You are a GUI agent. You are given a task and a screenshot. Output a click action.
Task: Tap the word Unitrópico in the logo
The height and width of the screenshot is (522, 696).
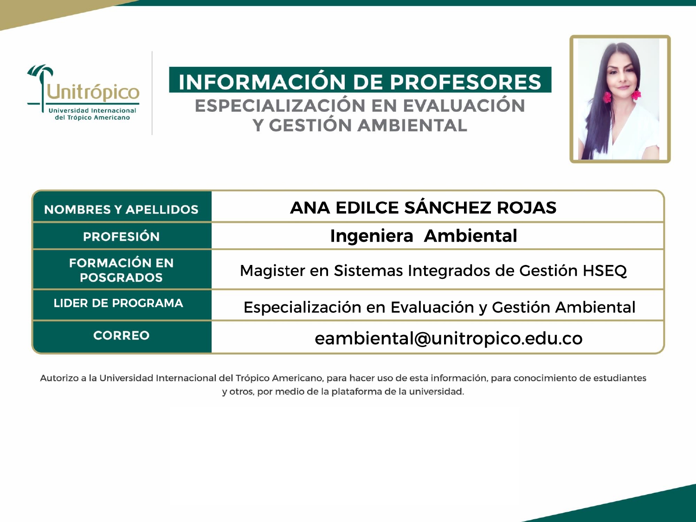(x=93, y=92)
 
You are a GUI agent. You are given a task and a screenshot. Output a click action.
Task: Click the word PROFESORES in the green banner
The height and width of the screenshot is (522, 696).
(x=465, y=82)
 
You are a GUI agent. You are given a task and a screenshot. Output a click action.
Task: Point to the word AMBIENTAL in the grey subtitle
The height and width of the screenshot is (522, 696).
(x=412, y=125)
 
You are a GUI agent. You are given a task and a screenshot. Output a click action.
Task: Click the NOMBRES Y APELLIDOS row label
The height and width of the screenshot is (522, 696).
(x=121, y=210)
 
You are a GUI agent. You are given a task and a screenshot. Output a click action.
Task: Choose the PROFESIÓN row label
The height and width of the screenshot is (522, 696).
(x=121, y=237)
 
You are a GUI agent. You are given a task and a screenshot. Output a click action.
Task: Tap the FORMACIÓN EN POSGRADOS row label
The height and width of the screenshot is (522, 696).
(x=121, y=270)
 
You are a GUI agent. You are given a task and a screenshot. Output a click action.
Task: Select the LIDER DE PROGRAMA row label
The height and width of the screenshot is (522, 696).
(x=118, y=303)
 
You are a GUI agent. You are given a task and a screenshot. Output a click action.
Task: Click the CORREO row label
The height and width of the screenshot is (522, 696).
(x=121, y=335)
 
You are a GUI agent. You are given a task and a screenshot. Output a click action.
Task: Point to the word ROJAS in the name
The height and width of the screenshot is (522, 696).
(x=527, y=208)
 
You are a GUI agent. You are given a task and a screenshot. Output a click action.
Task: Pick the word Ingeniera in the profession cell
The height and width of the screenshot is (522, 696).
(x=372, y=236)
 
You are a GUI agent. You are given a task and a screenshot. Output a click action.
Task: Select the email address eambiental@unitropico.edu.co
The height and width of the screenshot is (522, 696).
(x=448, y=339)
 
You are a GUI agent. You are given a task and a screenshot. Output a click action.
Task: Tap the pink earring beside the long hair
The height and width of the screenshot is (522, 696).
(x=607, y=97)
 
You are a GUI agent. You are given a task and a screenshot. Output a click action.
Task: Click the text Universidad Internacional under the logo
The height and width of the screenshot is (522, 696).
(x=92, y=110)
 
